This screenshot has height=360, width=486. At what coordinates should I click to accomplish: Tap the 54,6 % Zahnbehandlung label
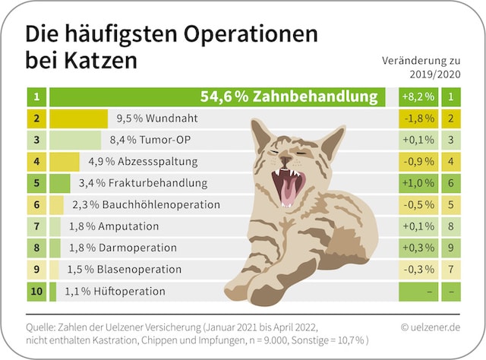click(x=289, y=96)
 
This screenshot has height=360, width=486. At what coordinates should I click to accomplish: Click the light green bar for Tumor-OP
click(x=75, y=140)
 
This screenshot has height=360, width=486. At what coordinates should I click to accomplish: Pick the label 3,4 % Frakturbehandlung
click(x=148, y=183)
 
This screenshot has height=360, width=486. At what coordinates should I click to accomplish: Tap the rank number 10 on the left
click(x=36, y=291)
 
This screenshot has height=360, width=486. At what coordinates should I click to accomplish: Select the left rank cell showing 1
click(x=36, y=97)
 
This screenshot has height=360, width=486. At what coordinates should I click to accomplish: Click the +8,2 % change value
click(x=418, y=97)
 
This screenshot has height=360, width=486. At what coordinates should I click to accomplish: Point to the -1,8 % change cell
click(x=418, y=118)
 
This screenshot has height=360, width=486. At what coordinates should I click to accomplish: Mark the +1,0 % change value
click(x=418, y=183)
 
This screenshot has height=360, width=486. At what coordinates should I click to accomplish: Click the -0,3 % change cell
click(x=418, y=270)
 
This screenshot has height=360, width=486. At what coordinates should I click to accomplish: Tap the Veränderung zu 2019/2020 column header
click(x=421, y=67)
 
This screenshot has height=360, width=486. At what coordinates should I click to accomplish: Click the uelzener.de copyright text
click(x=430, y=327)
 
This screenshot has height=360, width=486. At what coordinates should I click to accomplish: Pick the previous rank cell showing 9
click(x=450, y=248)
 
